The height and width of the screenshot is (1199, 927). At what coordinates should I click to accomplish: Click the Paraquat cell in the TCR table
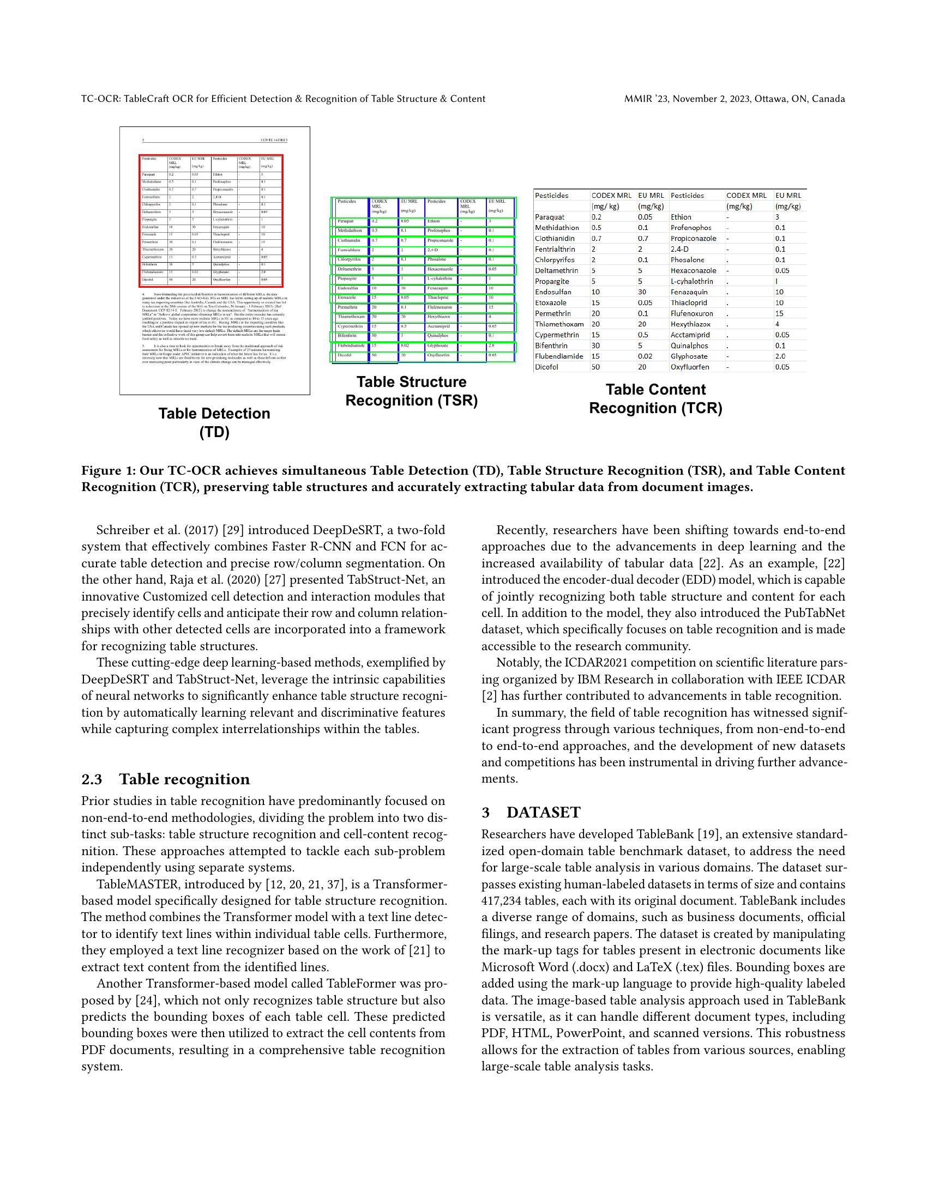pyautogui.click(x=549, y=217)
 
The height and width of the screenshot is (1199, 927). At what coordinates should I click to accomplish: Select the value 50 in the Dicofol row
pyautogui.click(x=595, y=367)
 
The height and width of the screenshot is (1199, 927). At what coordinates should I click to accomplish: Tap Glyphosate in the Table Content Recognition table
pyautogui.click(x=689, y=356)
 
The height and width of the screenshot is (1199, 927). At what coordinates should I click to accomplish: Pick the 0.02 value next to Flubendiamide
pyautogui.click(x=645, y=356)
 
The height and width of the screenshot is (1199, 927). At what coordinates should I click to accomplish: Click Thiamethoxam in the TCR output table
pyautogui.click(x=559, y=324)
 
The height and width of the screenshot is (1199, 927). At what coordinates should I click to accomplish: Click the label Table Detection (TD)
pyautogui.click(x=214, y=422)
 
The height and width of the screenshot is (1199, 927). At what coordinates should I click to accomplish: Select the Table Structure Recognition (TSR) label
pyautogui.click(x=411, y=391)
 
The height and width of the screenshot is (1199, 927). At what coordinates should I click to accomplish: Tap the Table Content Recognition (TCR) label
pyautogui.click(x=655, y=398)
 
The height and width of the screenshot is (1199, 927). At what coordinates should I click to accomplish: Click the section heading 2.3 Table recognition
pyautogui.click(x=165, y=779)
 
